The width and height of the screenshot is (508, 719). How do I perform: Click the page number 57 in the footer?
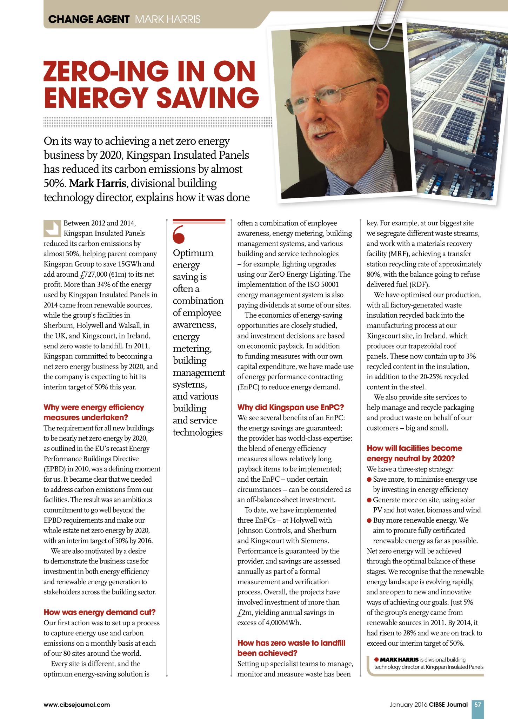(477, 704)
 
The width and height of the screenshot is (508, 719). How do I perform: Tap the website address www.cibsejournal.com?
(76, 705)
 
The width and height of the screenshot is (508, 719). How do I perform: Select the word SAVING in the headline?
(208, 97)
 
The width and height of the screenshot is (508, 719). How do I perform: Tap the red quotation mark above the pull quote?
(179, 235)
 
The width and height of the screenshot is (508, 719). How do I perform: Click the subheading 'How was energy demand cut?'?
(99, 612)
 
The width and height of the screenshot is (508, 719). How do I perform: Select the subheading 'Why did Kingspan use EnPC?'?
(290, 407)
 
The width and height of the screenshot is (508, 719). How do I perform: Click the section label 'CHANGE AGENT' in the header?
(89, 19)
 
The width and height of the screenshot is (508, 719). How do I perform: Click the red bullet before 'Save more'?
(369, 480)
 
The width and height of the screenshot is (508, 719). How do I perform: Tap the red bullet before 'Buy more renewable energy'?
(369, 520)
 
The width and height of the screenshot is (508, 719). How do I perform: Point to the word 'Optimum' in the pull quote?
(193, 253)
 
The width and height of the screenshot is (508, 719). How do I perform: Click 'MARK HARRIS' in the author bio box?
(399, 660)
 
